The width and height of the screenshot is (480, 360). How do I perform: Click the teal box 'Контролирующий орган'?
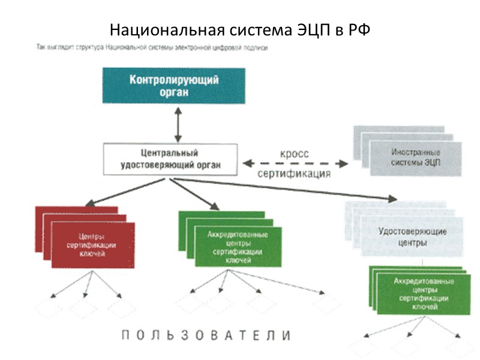(x=173, y=86)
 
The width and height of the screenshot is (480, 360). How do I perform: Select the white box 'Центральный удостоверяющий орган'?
(x=170, y=159)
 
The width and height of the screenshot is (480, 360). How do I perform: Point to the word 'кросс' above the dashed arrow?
(x=294, y=154)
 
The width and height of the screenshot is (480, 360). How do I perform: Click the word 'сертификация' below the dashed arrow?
(x=294, y=174)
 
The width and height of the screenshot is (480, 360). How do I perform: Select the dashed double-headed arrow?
(x=294, y=163)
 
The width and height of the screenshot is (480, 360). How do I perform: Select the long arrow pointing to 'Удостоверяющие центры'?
(x=288, y=189)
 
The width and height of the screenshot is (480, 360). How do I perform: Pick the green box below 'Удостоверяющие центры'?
(x=419, y=293)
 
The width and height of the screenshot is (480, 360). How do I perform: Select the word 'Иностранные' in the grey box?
(x=415, y=153)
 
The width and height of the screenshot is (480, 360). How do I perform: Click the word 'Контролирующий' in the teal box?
(x=173, y=80)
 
